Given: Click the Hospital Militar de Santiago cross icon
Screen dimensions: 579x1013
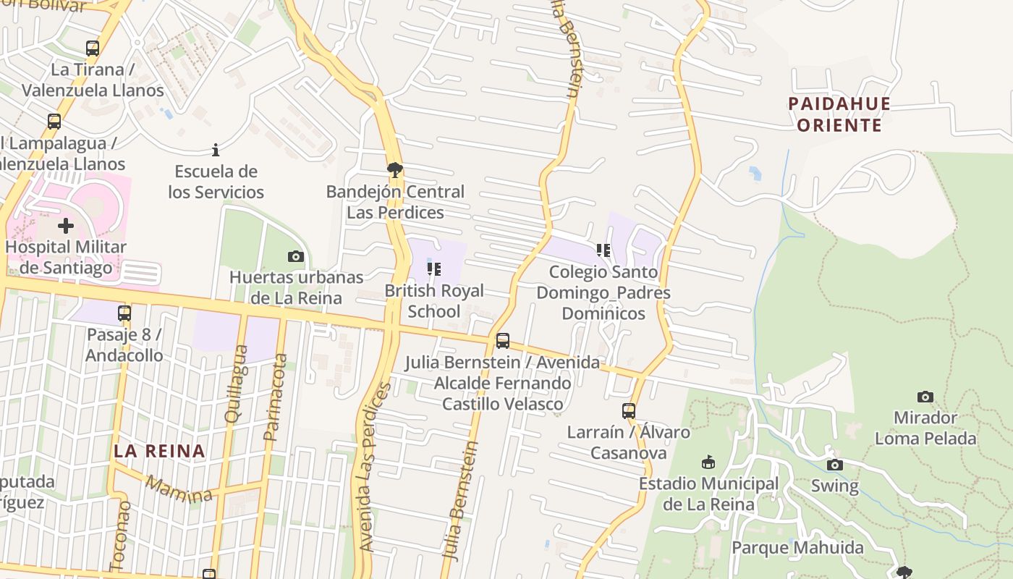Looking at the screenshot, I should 66,226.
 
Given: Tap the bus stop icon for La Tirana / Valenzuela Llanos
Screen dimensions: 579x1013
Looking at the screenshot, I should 93,48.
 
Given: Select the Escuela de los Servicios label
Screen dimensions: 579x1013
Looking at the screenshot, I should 216,182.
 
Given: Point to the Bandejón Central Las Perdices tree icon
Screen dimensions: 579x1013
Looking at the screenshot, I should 394,170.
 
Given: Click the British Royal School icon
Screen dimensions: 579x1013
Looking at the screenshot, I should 433,269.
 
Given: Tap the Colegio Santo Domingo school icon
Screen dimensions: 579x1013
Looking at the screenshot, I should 603,250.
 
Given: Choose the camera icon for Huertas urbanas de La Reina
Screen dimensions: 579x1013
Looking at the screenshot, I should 295,256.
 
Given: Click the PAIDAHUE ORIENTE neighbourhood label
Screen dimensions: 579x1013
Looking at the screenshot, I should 839,114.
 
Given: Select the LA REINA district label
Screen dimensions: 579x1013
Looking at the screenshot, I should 159,451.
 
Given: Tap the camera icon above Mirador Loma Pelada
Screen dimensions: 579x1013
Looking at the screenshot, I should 925,397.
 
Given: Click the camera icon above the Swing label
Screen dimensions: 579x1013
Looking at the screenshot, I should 834,465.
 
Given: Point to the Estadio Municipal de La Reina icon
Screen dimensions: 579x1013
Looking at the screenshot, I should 708,462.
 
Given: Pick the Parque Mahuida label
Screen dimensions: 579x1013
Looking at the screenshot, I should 797,547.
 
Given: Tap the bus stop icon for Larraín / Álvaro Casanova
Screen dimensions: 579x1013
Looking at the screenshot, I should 628,411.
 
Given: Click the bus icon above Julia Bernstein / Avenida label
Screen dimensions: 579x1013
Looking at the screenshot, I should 502,341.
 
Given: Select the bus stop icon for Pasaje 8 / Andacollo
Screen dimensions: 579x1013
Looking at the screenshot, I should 124,313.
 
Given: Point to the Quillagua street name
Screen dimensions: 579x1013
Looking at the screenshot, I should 237,384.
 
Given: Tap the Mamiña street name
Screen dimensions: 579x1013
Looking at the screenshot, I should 179,489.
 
